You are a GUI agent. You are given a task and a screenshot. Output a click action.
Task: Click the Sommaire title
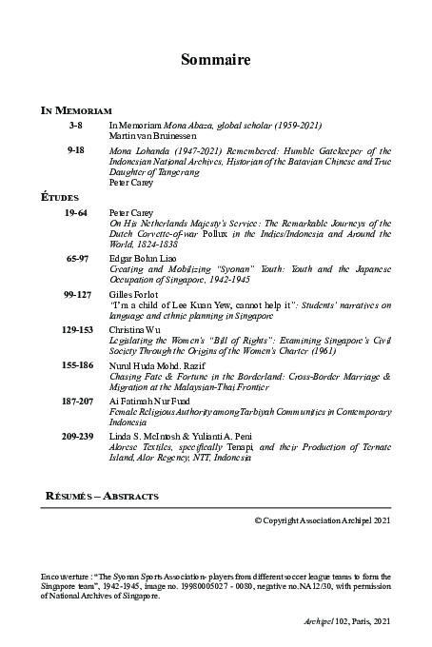(x=216, y=61)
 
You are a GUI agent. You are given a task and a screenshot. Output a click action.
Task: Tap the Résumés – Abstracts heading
(x=102, y=496)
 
